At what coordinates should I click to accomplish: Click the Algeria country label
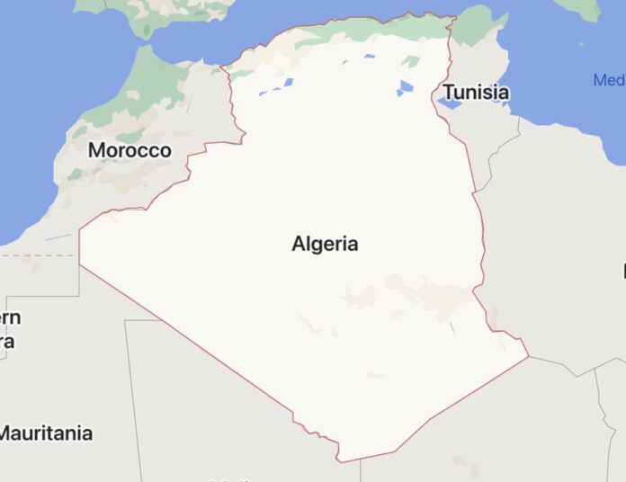(325, 244)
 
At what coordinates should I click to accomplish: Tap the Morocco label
(130, 150)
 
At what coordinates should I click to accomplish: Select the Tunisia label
(476, 93)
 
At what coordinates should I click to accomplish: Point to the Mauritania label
(45, 433)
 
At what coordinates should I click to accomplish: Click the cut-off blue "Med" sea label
(610, 81)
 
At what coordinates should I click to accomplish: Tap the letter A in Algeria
(299, 244)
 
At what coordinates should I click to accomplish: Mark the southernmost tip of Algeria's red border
(340, 461)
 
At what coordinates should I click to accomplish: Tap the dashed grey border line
(36, 255)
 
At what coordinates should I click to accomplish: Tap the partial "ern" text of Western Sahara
(11, 318)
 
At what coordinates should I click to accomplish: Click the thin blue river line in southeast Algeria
(452, 328)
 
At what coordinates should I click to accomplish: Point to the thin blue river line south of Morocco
(58, 237)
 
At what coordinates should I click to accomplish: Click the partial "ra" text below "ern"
(7, 342)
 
